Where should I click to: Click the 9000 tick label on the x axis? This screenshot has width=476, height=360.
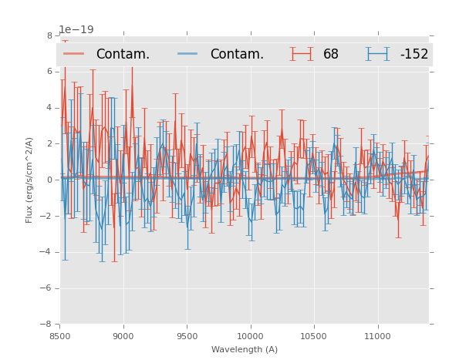(123, 336)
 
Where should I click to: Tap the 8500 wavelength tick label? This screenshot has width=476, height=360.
(60, 336)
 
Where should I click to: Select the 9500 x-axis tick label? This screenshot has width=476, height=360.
(187, 336)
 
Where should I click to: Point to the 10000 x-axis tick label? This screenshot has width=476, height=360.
(250, 336)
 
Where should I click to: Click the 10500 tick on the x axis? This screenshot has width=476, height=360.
(314, 336)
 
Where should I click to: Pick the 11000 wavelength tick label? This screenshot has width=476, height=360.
(377, 336)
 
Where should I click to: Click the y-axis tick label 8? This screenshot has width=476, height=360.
(49, 35)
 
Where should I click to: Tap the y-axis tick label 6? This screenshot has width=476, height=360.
(49, 72)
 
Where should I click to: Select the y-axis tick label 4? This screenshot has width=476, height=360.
(49, 108)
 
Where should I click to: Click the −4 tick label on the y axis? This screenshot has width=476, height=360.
(47, 252)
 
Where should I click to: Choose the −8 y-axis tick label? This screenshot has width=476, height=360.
(47, 325)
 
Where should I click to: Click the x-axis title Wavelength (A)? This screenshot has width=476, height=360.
(245, 349)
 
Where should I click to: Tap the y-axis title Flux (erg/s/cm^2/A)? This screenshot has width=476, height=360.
(29, 180)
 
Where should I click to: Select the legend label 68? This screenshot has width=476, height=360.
(331, 54)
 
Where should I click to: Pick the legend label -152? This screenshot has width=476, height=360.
(414, 54)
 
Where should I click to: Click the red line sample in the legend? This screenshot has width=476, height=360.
(74, 53)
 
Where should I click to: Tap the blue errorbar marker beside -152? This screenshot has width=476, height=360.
(377, 53)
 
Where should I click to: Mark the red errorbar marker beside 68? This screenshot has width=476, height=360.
(302, 53)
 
